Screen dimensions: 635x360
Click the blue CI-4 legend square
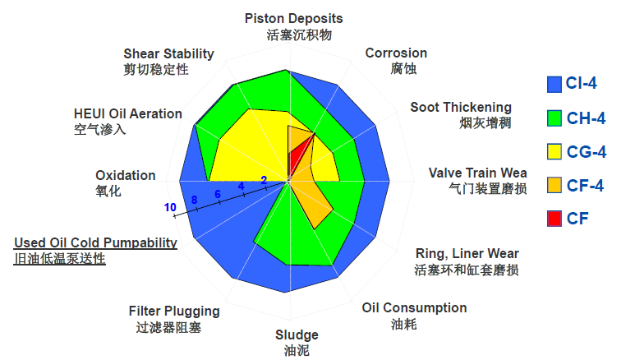click(x=554, y=85)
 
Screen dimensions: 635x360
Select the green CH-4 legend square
click(x=554, y=118)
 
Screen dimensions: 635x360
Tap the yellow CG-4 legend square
click(x=554, y=151)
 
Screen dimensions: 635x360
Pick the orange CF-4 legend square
click(x=554, y=185)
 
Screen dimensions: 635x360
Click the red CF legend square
click(x=554, y=219)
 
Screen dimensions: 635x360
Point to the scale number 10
click(x=170, y=208)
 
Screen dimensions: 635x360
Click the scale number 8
click(x=195, y=200)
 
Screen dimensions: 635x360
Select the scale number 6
click(x=218, y=194)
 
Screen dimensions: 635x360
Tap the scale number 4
click(x=241, y=186)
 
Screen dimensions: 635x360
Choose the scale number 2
click(x=264, y=180)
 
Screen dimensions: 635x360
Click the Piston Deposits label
click(x=293, y=19)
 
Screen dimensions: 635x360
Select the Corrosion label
click(x=396, y=53)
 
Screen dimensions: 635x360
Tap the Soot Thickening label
click(x=461, y=108)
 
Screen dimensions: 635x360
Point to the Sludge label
click(x=297, y=335)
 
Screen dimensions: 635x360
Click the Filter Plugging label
click(x=174, y=312)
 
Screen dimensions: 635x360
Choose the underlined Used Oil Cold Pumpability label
click(x=95, y=242)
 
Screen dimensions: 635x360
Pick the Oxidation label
click(x=126, y=176)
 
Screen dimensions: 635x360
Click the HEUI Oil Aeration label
click(x=128, y=114)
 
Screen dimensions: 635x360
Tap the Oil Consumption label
click(x=414, y=308)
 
